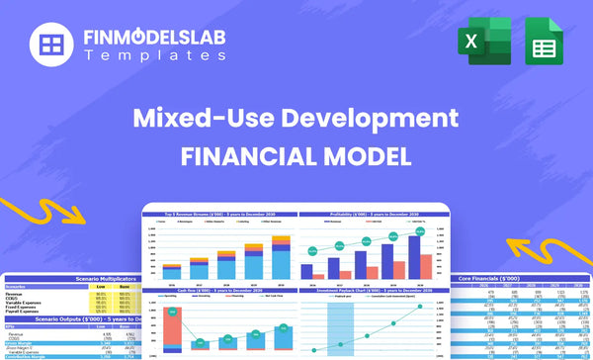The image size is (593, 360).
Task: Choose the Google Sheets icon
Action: click(x=545, y=45)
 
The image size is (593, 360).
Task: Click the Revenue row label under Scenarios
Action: click(x=16, y=294)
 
